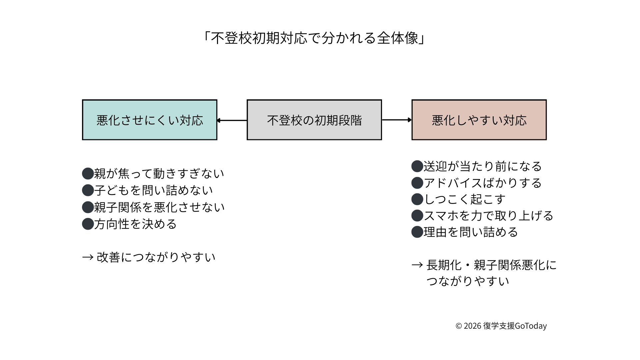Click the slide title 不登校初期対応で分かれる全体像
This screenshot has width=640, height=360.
click(x=314, y=38)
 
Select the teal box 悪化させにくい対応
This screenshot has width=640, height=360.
click(x=150, y=120)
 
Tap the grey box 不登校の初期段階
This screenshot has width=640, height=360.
click(x=314, y=120)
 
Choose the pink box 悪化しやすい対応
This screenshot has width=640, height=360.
click(x=479, y=120)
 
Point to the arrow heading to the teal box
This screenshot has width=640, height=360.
click(x=232, y=120)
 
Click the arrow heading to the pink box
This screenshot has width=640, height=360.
click(x=397, y=120)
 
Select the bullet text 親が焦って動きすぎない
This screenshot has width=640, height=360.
click(x=159, y=174)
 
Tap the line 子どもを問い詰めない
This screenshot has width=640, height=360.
click(x=153, y=190)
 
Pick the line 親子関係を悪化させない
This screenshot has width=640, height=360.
click(x=159, y=207)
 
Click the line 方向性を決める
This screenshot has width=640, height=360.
click(x=135, y=224)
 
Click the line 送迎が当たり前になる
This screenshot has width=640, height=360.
click(x=483, y=166)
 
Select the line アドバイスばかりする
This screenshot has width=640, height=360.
click(x=483, y=183)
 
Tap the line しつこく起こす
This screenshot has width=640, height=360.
click(x=465, y=199)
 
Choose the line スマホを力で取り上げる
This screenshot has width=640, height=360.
click(x=488, y=216)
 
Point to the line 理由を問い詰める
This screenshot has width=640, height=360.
click(x=471, y=232)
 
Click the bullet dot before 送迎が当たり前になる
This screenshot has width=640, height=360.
click(x=417, y=166)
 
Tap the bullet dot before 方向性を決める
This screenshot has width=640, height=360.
click(x=88, y=224)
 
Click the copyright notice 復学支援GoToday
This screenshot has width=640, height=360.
click(x=501, y=326)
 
